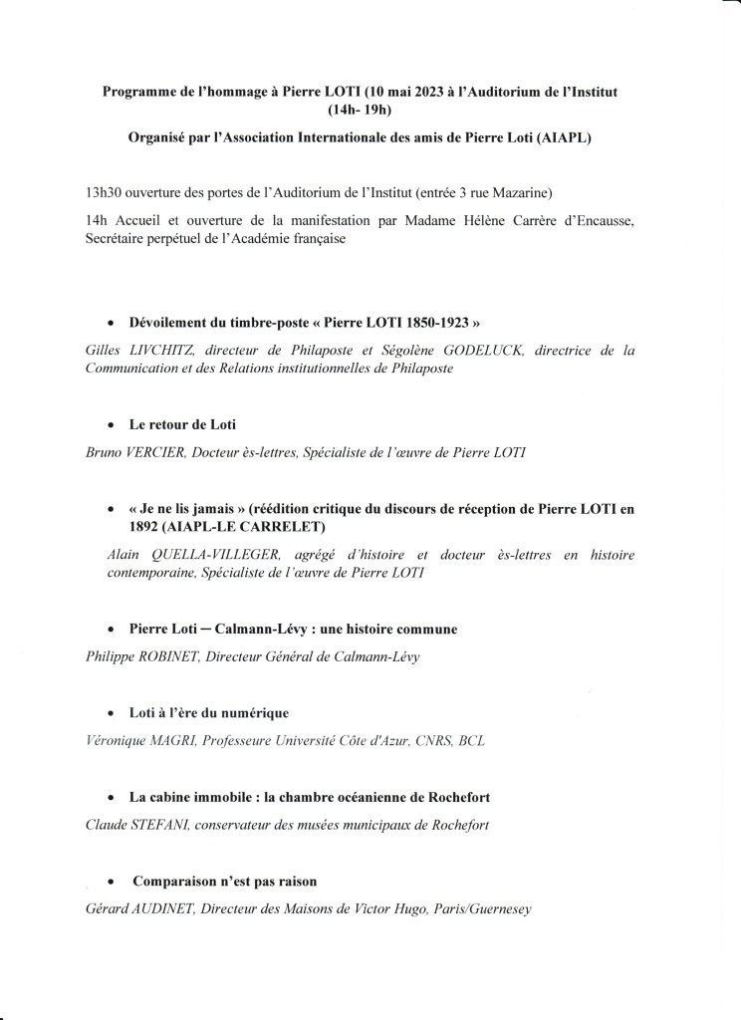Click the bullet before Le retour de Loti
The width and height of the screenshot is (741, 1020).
pos(112,425)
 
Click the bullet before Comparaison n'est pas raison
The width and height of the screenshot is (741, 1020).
pos(112,883)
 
